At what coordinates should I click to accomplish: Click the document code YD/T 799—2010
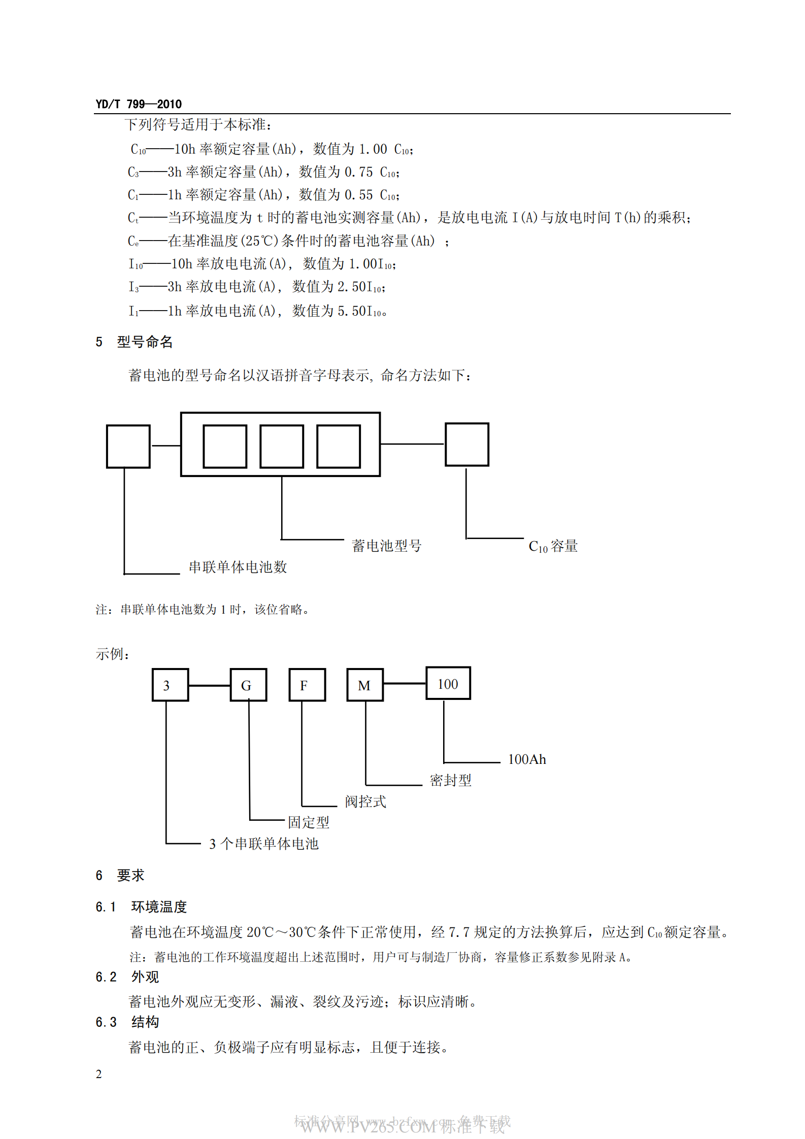(139, 104)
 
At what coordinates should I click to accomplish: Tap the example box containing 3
(170, 685)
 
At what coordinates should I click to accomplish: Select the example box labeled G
(248, 685)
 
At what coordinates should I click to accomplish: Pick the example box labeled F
(307, 685)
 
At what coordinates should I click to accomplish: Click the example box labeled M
(365, 685)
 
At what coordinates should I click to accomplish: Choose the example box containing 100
(448, 683)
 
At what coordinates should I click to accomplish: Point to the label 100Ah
(527, 759)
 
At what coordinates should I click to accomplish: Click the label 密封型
(451, 780)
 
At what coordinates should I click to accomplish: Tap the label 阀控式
(365, 801)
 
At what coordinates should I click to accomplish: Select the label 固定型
(309, 822)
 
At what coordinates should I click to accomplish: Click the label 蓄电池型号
(386, 546)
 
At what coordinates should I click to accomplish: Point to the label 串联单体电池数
(238, 567)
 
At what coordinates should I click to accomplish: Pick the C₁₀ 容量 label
(553, 546)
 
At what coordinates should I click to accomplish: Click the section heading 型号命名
(145, 342)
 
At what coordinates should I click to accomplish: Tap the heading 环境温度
(159, 907)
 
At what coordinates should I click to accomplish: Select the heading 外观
(145, 977)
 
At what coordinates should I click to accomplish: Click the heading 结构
(145, 1022)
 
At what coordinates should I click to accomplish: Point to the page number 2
(99, 1074)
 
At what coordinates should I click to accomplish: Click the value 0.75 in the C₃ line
(358, 172)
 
